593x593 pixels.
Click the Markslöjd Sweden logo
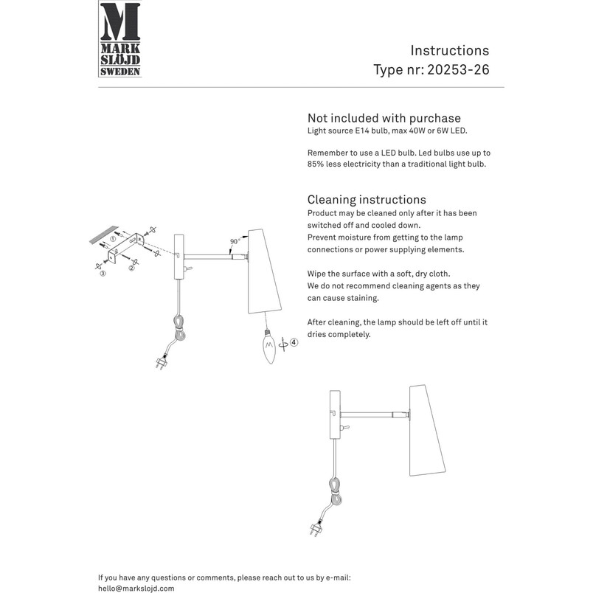tap(120, 39)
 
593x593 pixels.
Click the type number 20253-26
tap(458, 69)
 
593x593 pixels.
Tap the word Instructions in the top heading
tap(450, 50)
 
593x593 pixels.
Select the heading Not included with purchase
tap(384, 118)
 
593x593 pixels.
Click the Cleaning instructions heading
tap(367, 199)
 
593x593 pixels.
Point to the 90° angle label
tap(235, 241)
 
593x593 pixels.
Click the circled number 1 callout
tap(113, 239)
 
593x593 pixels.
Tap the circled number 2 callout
tap(131, 268)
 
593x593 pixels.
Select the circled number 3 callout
tap(103, 273)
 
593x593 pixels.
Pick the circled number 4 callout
tap(294, 343)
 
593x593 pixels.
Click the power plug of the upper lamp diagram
tap(162, 362)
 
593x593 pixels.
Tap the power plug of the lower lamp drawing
tap(316, 528)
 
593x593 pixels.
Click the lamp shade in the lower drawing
tap(426, 431)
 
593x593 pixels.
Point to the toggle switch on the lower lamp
tap(345, 428)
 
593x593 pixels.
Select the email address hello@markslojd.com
tap(136, 589)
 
